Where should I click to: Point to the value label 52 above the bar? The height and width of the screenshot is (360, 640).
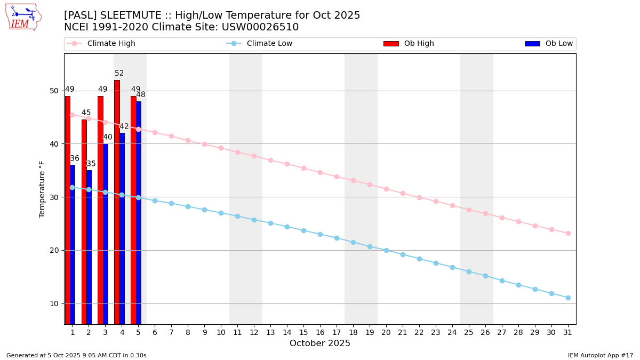(119, 74)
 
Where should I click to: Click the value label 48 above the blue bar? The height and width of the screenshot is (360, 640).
(140, 95)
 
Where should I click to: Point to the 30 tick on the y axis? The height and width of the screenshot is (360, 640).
(54, 197)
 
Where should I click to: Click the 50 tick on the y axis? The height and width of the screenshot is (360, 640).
(54, 91)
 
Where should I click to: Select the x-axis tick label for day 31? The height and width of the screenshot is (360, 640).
(568, 332)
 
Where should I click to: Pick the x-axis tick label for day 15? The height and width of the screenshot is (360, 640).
(303, 332)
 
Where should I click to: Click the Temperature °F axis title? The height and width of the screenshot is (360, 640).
(42, 189)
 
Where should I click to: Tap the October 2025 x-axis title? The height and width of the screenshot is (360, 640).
(320, 343)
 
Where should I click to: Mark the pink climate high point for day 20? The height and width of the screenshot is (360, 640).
(386, 189)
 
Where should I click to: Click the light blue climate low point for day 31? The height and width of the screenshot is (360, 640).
(568, 298)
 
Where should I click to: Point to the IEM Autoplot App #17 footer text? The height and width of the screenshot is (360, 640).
(601, 355)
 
